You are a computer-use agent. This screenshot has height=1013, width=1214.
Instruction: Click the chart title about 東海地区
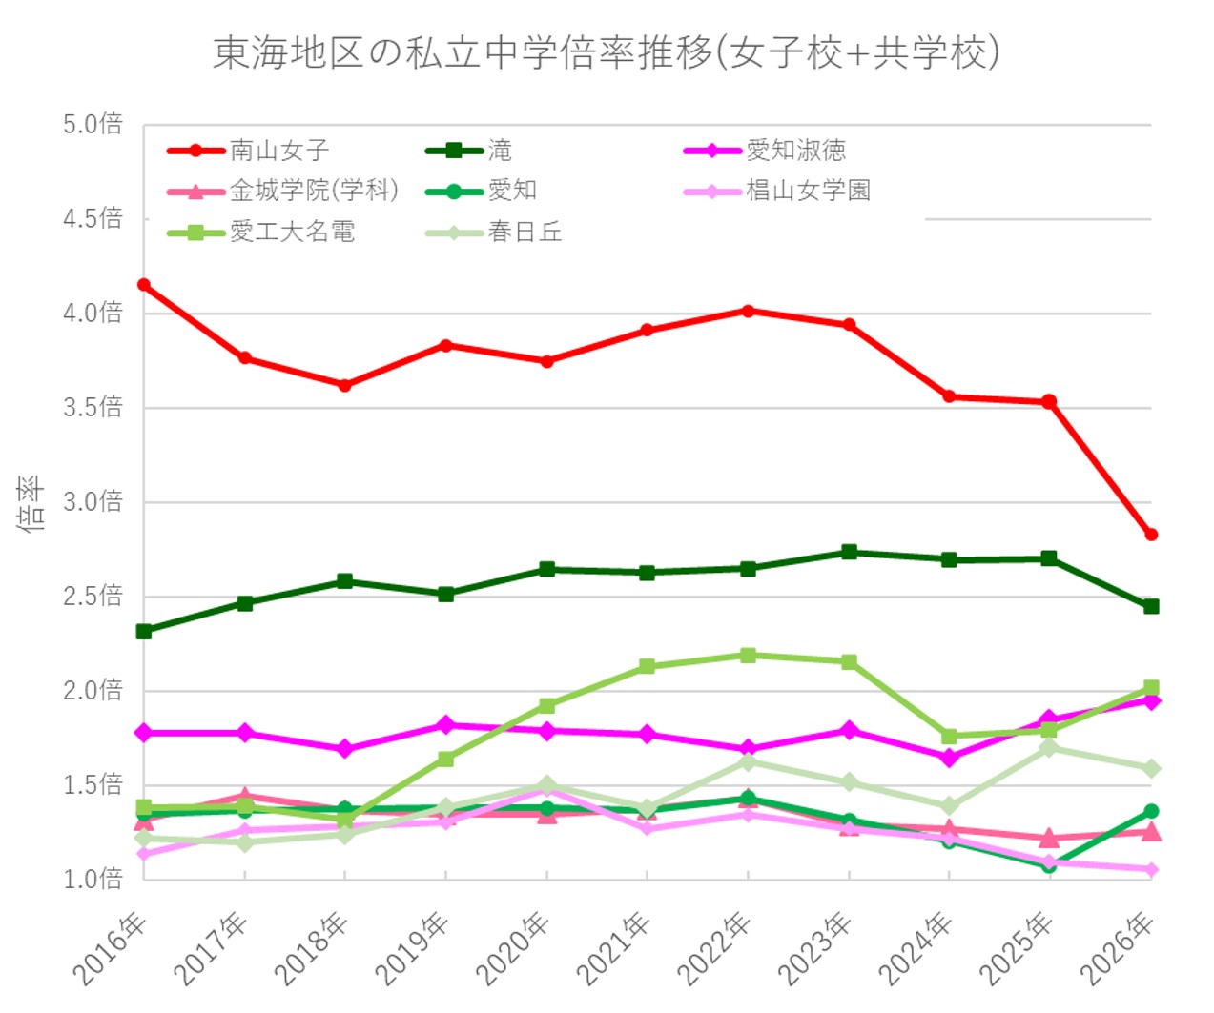click(x=606, y=52)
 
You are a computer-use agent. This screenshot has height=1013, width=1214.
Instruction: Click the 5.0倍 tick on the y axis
click(x=93, y=124)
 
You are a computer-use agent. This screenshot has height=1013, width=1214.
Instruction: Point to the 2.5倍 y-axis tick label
click(x=93, y=597)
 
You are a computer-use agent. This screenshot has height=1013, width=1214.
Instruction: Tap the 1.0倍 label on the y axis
click(x=93, y=879)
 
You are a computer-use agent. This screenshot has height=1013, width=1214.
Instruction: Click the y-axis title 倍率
click(x=31, y=502)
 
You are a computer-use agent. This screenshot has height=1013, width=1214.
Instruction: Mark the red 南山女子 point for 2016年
click(x=144, y=285)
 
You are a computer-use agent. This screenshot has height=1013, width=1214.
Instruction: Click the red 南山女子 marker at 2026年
click(x=1151, y=535)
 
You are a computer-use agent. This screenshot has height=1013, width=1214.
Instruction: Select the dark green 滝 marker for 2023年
click(x=849, y=552)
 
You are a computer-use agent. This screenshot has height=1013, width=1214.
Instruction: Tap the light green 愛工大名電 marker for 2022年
click(x=749, y=656)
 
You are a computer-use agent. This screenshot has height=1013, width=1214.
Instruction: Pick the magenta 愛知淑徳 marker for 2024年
click(x=949, y=758)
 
